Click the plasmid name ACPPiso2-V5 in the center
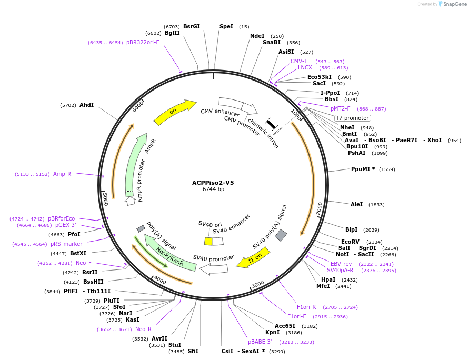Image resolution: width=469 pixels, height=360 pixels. tap(213, 183)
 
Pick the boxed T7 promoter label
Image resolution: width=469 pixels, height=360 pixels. tap(352, 118)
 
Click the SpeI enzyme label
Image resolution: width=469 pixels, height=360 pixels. tap(226, 26)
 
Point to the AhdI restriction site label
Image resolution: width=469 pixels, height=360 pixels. tap(86, 105)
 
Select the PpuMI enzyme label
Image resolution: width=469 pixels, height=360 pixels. tap(363, 169)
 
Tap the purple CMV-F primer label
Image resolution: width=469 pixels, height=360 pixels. tap(299, 61)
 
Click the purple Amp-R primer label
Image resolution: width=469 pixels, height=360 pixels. tap(62, 174)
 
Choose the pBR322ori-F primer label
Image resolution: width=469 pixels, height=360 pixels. tap(143, 42)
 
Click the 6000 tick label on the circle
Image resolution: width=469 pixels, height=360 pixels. tap(138, 106)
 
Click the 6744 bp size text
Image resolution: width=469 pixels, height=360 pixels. tap(213, 189)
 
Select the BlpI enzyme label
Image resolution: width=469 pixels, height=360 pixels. tap(351, 229)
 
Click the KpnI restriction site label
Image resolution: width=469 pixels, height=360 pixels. tap(272, 333)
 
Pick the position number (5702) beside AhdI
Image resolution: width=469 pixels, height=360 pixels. tap(68, 105)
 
